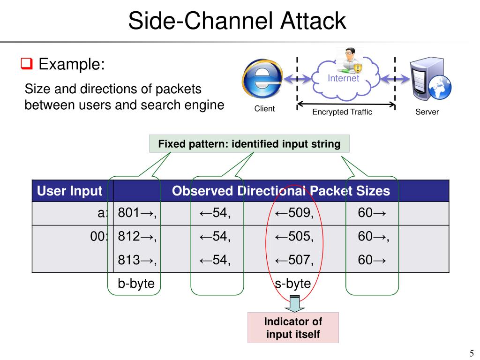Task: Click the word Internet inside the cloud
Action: pos(343,78)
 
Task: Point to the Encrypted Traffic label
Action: pos(342,112)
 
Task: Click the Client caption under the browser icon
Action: pos(264,109)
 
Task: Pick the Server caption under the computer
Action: pos(427,112)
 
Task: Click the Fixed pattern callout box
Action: pos(249,144)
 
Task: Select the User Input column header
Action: pos(69,191)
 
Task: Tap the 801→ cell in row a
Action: pos(136,213)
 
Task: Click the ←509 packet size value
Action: pos(294,213)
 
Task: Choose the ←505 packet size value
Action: pos(294,237)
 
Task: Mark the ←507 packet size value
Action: pos(294,260)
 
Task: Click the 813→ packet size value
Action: pos(136,260)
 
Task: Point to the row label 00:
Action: pos(99,237)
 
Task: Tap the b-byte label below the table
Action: pos(136,284)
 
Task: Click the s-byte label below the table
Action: pos(292,284)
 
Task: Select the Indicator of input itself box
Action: pos(293,328)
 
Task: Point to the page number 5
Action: pos(471,353)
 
